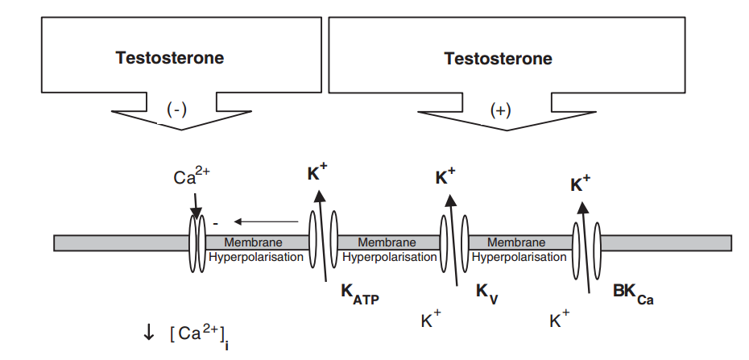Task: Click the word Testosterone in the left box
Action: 170,58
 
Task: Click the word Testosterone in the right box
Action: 499,59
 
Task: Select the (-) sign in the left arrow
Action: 176,110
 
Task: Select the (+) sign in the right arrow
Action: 500,111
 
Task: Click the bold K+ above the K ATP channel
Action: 318,172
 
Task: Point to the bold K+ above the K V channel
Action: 446,177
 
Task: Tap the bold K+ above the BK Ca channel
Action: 580,184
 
